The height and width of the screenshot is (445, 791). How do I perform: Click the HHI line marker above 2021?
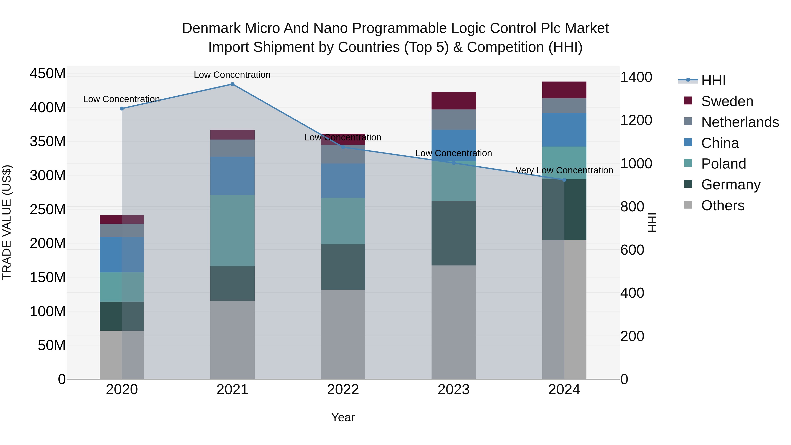(232, 84)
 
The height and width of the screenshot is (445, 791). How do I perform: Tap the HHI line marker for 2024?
(564, 180)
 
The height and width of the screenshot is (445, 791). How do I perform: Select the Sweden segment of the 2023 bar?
(454, 100)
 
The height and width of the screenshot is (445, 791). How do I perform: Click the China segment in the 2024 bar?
(564, 130)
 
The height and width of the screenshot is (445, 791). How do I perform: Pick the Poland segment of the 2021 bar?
(232, 230)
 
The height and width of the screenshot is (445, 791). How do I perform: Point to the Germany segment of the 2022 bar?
(343, 267)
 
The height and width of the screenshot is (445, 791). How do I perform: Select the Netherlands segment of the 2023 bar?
(454, 120)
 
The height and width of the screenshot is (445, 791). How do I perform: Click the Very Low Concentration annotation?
(564, 170)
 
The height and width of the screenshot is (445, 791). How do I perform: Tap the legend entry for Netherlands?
(740, 122)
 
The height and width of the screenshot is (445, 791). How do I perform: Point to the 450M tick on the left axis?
(48, 74)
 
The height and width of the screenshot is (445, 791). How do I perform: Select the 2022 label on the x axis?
(343, 390)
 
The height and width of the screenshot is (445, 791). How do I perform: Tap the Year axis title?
(343, 417)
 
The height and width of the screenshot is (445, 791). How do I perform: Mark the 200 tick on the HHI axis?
(632, 336)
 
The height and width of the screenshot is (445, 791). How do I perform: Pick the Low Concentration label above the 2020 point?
(121, 99)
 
